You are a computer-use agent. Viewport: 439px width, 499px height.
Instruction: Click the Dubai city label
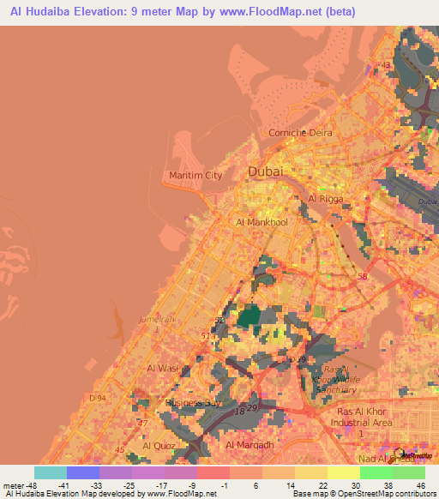264,171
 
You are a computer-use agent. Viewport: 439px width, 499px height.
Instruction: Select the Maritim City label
195,175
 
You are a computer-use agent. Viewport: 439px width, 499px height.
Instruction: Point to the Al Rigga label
324,199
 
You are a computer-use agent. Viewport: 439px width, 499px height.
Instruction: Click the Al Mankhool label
262,221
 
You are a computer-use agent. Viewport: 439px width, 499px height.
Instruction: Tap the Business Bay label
194,402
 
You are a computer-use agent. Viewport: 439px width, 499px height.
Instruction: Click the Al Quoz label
159,446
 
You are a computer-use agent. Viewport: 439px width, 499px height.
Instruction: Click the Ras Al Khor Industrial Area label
360,417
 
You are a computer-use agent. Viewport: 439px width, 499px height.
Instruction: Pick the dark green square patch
251,317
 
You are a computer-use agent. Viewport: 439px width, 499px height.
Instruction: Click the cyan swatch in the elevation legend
50,472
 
